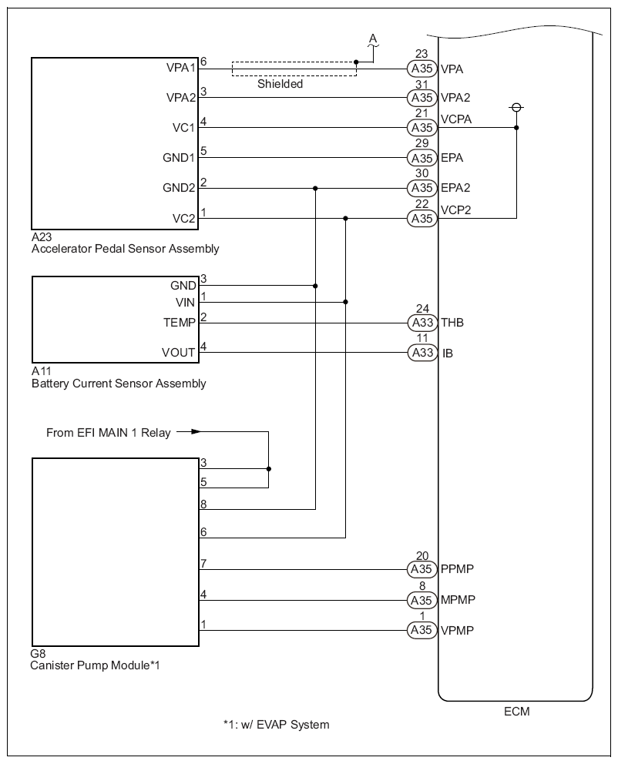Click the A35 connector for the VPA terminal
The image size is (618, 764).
[x=422, y=69]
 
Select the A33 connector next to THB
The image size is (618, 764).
[x=422, y=323]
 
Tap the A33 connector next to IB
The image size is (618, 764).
[x=422, y=354]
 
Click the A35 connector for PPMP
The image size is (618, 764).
[x=422, y=570]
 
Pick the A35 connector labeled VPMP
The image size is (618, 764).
[x=422, y=630]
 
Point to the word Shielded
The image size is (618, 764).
[x=280, y=84]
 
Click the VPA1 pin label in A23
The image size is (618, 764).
[x=181, y=68]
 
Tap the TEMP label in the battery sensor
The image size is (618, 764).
[x=180, y=323]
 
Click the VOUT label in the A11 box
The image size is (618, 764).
[x=179, y=354]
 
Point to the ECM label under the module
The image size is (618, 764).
[x=515, y=712]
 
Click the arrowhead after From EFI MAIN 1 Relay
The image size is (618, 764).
[x=196, y=432]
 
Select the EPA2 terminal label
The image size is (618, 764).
[x=455, y=188]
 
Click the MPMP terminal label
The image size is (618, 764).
[x=457, y=600]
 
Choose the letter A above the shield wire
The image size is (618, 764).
[x=373, y=38]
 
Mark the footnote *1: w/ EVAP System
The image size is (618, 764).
[x=276, y=725]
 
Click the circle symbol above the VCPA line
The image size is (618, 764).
[x=516, y=108]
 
